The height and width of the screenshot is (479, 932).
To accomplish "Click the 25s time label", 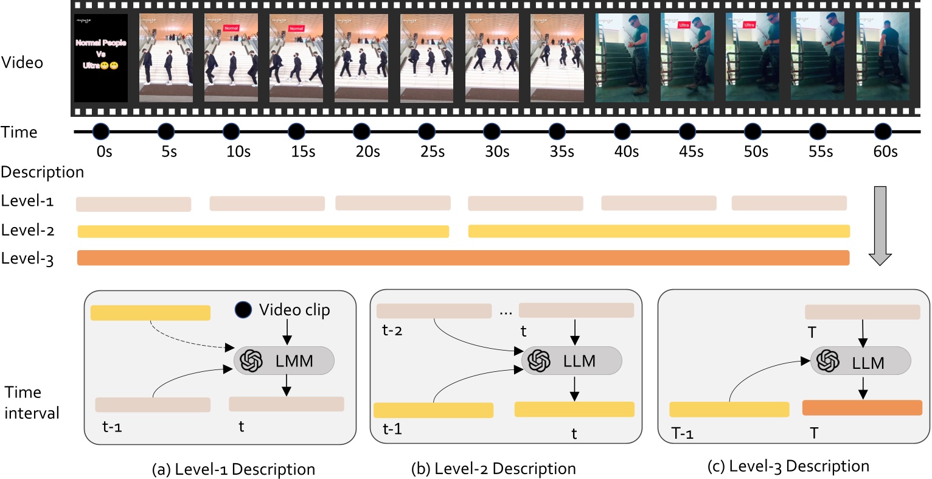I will click(433, 152).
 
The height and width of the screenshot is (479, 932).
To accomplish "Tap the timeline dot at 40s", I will click(622, 131).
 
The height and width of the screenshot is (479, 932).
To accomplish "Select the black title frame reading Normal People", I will click(101, 58).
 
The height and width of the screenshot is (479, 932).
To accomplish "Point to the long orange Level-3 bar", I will click(463, 257).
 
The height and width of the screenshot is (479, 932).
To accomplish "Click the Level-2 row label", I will click(28, 230).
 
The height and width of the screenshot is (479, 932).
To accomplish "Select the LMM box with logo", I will click(284, 360).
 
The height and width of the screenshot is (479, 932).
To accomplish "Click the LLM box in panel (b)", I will click(572, 360).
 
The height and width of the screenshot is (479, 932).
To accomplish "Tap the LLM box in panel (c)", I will click(860, 362).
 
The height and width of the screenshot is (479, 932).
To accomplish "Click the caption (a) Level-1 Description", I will click(234, 469).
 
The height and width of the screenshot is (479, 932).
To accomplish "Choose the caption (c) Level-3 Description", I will click(788, 467).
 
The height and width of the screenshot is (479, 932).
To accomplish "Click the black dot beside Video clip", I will click(243, 310).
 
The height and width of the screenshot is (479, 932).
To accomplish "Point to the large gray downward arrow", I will click(880, 225).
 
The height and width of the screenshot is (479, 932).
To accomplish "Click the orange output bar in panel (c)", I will click(862, 408).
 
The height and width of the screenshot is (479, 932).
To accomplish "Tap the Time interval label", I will click(32, 402).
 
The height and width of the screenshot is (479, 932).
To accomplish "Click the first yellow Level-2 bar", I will click(263, 231).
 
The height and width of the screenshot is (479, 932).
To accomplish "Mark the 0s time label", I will click(104, 152).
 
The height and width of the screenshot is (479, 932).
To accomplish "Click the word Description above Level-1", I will click(42, 172).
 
